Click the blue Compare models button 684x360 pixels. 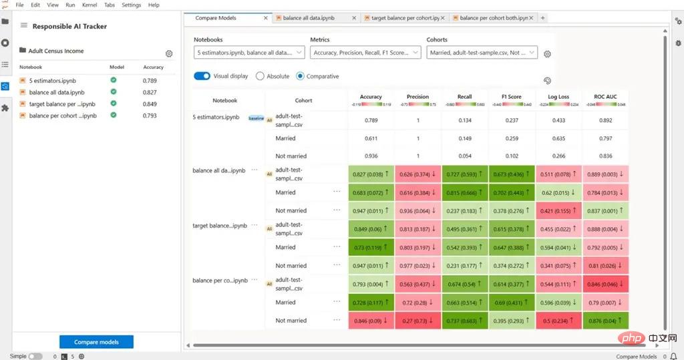pos(96,342)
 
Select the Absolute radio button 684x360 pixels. pos(261,76)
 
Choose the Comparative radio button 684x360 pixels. pos(300,76)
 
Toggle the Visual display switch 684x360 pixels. pos(202,76)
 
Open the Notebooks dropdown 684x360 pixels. pos(249,52)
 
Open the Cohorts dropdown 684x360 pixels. pos(482,52)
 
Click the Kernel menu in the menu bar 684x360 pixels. pos(89,5)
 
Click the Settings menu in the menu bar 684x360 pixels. pos(131,5)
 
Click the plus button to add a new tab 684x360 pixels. pos(542,18)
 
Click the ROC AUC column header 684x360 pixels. pos(605,97)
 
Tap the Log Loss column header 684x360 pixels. pos(558,97)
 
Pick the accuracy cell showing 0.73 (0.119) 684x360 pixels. pos(371,247)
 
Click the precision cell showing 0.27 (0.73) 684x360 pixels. pos(417,321)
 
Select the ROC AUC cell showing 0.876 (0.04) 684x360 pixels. pos(605,321)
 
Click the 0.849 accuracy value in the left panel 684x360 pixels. pos(150,104)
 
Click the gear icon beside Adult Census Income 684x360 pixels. pos(169,53)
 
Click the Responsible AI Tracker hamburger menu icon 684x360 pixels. pos(24,26)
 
